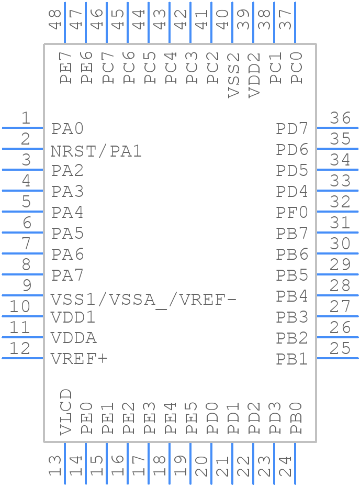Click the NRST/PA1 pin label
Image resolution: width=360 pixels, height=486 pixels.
tap(96, 151)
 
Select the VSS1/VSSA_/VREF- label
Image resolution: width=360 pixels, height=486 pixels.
tap(143, 300)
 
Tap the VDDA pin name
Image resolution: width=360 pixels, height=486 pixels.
tap(74, 338)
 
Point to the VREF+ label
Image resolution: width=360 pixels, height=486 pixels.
tap(79, 359)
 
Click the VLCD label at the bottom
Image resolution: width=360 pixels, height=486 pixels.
tap(66, 412)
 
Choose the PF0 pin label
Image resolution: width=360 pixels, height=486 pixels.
tap(292, 213)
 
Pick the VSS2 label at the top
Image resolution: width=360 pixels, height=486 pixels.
tap(234, 75)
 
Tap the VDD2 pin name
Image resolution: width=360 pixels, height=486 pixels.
tap(255, 75)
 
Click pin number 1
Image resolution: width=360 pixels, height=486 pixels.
tap(25, 118)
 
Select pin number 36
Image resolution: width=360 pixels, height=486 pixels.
tap(341, 118)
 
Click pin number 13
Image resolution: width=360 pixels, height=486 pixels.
tap(55, 465)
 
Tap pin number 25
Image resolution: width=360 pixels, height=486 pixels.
tap(341, 348)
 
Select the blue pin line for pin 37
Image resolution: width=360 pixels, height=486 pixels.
tap(295, 23)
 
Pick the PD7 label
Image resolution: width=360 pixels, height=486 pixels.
tap(292, 129)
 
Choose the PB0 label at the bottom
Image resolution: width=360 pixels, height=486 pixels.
tap(296, 418)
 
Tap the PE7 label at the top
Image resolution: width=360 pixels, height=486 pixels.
tap(66, 68)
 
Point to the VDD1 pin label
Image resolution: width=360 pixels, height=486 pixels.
tap(73, 317)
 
